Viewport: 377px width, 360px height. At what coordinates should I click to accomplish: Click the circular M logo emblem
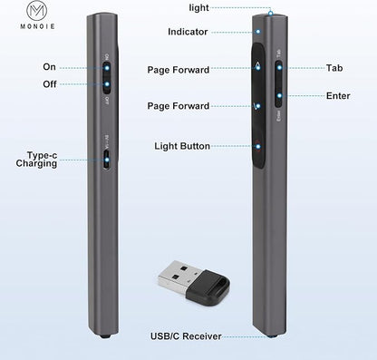click(37, 10)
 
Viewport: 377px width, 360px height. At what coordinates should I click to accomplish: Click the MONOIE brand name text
click(37, 26)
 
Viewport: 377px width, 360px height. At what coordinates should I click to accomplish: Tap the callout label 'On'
click(49, 67)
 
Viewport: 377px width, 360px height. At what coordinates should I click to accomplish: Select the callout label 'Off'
click(50, 84)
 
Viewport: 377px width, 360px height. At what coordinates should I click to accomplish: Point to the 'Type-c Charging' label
click(36, 160)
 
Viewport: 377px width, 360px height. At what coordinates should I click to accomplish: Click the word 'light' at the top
click(198, 8)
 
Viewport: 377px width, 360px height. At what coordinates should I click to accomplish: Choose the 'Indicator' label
click(188, 32)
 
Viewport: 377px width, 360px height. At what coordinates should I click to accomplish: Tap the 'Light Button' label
click(182, 146)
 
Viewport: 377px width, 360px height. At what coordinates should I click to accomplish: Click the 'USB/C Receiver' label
click(186, 336)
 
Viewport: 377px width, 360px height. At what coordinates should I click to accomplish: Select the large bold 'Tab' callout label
click(334, 68)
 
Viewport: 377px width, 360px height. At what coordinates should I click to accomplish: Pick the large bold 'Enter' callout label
click(338, 96)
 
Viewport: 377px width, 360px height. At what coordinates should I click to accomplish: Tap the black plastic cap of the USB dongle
click(208, 287)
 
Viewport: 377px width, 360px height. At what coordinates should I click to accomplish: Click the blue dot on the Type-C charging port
click(106, 161)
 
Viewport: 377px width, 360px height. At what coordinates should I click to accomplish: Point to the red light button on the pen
click(257, 146)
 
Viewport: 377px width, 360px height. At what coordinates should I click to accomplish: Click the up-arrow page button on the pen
click(257, 65)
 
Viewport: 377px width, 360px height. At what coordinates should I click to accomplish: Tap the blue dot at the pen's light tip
click(271, 13)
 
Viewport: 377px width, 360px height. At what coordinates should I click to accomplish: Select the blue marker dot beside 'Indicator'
click(258, 32)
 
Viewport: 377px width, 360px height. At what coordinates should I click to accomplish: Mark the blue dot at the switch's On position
click(107, 68)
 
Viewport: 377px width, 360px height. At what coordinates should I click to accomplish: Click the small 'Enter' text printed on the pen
click(278, 116)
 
